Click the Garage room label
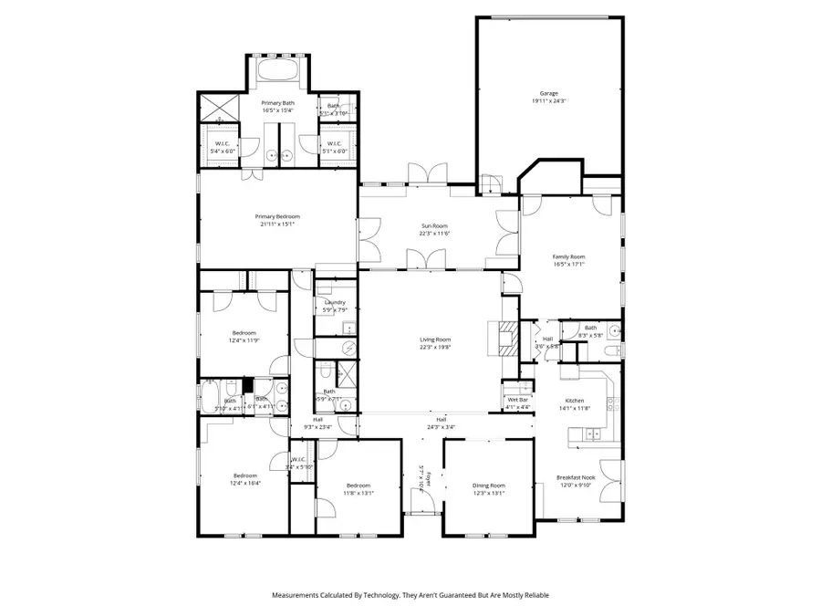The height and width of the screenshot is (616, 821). click(547, 93)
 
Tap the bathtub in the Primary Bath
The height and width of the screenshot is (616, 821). click(277, 70)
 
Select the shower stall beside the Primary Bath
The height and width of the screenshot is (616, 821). click(219, 108)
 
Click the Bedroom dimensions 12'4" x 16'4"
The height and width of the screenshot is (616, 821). click(244, 483)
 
